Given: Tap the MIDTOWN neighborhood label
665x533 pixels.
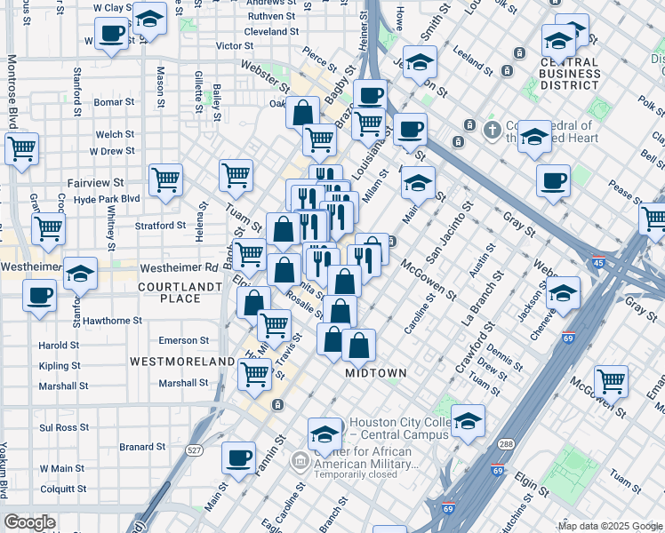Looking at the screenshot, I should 376,373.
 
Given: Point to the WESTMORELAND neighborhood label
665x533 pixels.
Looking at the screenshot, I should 181,362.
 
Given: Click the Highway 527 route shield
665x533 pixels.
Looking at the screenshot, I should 195,450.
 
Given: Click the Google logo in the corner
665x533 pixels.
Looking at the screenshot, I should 30,522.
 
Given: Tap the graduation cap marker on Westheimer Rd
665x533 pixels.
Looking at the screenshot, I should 81,274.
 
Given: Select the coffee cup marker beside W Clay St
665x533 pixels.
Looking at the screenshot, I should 110,36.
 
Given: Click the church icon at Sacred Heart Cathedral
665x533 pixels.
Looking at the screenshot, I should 492,131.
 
